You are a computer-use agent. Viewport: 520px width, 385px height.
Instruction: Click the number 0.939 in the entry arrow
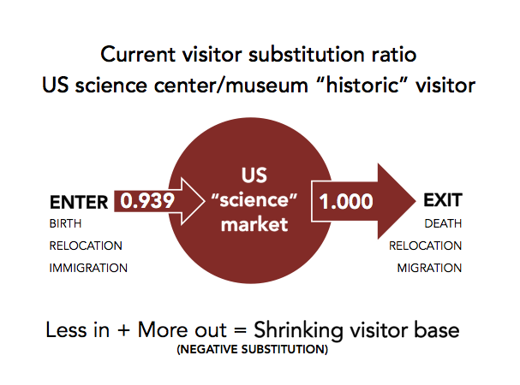[147, 201]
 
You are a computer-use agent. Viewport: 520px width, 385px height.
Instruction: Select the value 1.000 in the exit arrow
[346, 201]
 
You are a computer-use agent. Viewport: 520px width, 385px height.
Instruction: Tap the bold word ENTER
[79, 202]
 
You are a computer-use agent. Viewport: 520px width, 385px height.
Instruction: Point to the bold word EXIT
[443, 200]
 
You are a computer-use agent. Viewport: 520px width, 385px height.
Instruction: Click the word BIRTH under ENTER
[65, 223]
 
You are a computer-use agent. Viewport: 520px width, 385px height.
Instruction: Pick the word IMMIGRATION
[88, 268]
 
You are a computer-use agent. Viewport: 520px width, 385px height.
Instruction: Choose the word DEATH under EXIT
[443, 223]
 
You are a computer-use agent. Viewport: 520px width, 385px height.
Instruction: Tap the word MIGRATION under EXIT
[429, 268]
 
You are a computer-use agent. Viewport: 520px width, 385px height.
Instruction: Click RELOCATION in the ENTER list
[86, 246]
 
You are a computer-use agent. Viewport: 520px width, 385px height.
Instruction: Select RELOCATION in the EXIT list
[426, 246]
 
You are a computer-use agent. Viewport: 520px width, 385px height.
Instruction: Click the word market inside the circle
[254, 225]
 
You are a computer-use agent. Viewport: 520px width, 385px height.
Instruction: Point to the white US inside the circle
[254, 175]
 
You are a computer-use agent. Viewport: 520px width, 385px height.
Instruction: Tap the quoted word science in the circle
[254, 200]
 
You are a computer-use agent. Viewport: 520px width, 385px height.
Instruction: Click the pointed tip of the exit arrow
[415, 201]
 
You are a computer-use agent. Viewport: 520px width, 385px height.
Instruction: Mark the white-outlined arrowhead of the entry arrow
[193, 201]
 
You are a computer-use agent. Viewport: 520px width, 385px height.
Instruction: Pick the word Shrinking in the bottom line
[298, 330]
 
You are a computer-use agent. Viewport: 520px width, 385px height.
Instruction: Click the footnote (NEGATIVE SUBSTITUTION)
[253, 349]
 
